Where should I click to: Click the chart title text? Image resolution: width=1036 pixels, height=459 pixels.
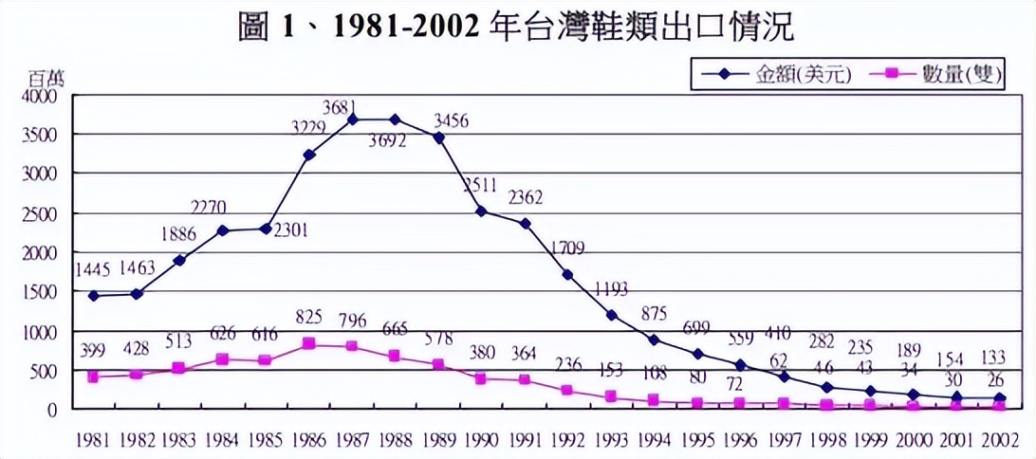[x=517, y=26]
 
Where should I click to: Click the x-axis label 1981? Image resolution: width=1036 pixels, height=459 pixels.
[x=92, y=441]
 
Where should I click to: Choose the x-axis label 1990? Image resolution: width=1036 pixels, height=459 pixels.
[x=482, y=441]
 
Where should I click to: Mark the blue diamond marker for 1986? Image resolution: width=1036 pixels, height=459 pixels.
[x=309, y=155]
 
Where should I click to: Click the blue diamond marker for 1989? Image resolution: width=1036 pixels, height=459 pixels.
[x=438, y=138]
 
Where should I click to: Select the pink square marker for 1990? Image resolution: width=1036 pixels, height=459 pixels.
[x=482, y=378]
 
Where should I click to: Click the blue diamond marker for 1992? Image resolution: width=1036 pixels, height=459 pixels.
[x=567, y=274]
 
